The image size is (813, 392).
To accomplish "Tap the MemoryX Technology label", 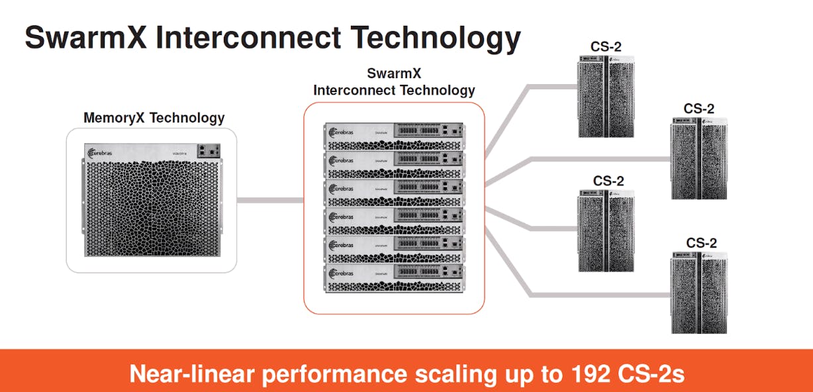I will click(x=154, y=118).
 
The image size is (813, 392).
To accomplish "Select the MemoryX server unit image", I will click(x=152, y=201).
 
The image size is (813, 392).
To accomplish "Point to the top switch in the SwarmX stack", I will click(x=394, y=136).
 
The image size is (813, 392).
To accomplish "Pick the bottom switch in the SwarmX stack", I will click(x=394, y=279).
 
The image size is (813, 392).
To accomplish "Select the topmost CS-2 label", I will click(x=606, y=46).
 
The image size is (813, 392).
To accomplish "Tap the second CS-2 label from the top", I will click(x=699, y=108).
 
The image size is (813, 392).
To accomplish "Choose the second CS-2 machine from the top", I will click(x=699, y=158).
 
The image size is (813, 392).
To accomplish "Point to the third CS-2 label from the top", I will click(x=608, y=180).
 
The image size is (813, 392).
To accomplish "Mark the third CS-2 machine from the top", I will click(x=607, y=229).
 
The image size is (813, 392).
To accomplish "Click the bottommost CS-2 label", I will click(x=701, y=242).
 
